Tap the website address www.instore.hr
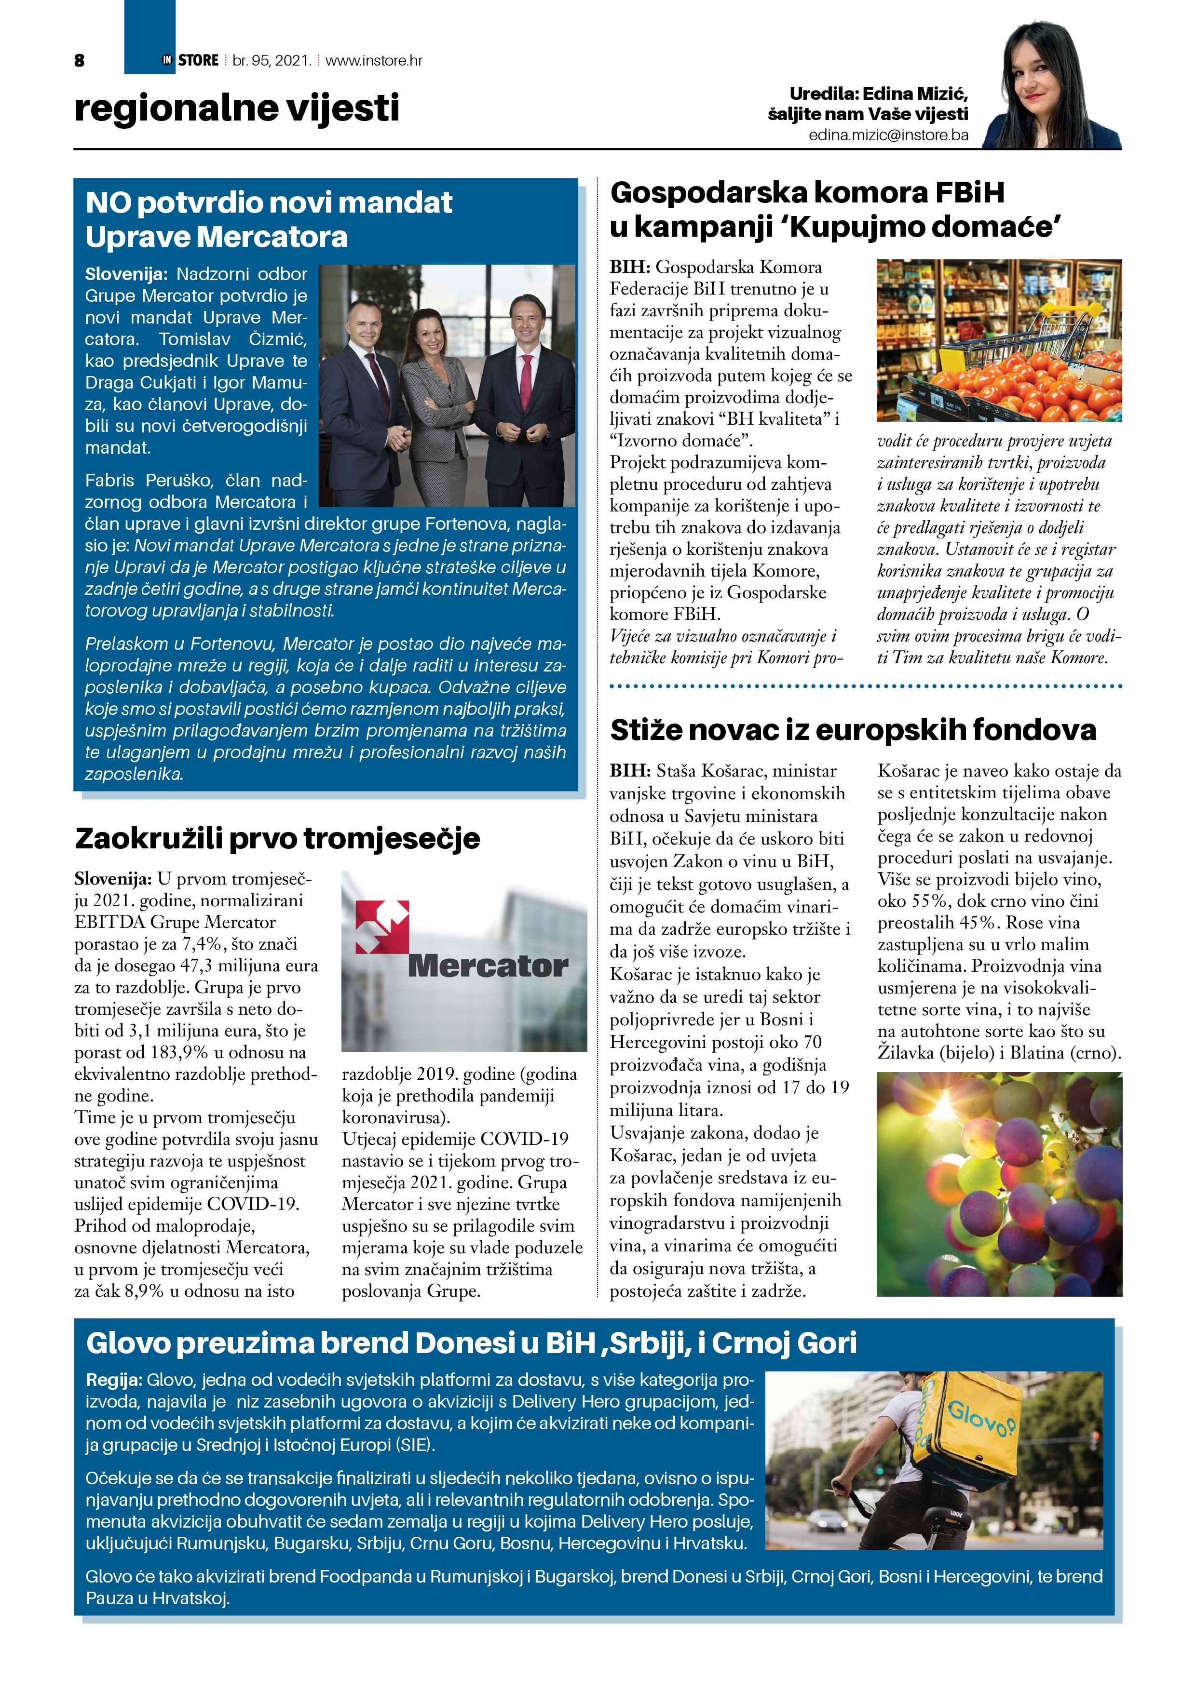coord(374,60)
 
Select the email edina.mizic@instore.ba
coord(888,135)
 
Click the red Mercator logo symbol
coord(382,926)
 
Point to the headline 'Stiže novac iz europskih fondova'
coord(853,729)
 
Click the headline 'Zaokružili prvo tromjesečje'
coord(277,838)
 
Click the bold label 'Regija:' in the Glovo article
coord(113,1380)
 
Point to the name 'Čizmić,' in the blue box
coord(278,339)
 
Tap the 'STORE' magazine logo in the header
coord(198,60)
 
